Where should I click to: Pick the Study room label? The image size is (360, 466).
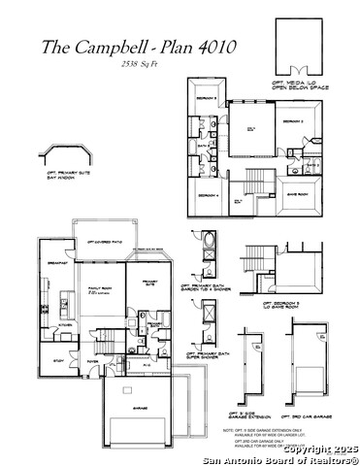pyautogui.click(x=58, y=360)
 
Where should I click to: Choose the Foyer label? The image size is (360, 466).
pyautogui.click(x=92, y=360)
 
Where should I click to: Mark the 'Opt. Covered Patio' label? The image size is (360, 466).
pyautogui.click(x=104, y=241)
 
